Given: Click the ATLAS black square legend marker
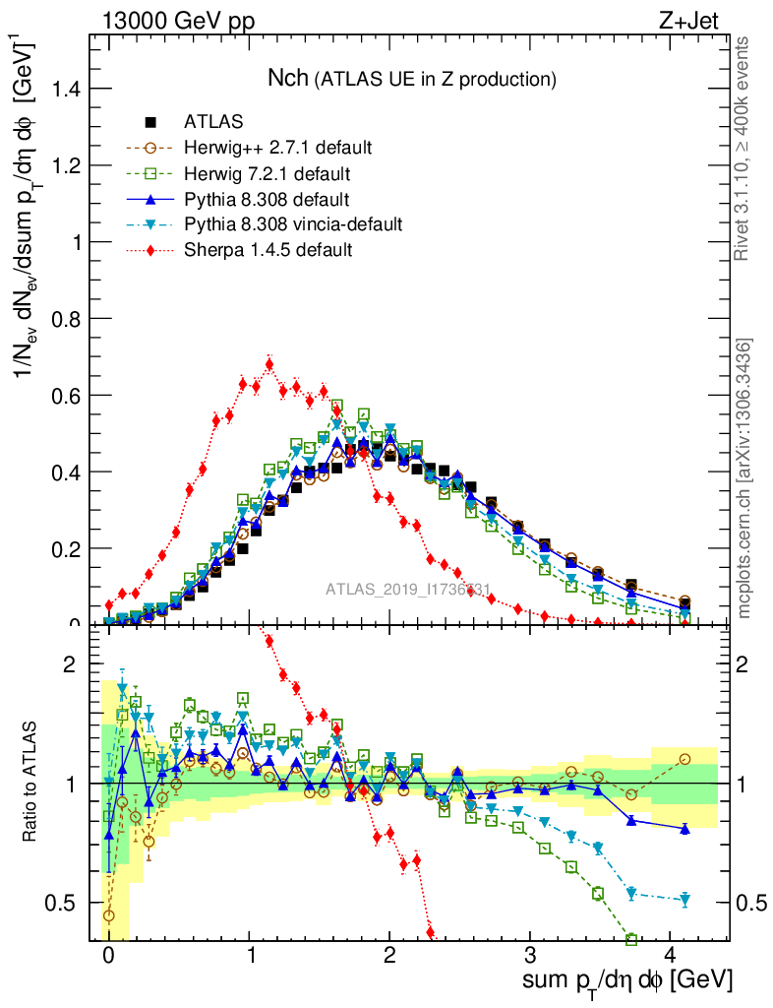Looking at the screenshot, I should pyautogui.click(x=150, y=122).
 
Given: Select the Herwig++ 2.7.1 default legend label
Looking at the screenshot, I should pyautogui.click(x=277, y=148).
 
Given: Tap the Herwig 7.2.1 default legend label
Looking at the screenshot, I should pyautogui.click(x=267, y=173).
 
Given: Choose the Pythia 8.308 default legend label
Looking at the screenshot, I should pyautogui.click(x=266, y=199).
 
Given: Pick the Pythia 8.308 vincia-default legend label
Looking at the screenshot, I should pyautogui.click(x=293, y=224).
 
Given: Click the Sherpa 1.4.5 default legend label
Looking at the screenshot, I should pyautogui.click(x=268, y=250).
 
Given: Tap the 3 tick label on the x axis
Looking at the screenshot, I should pyautogui.click(x=530, y=956).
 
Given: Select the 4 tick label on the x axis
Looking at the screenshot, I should pyautogui.click(x=671, y=956).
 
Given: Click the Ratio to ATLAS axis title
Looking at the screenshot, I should pyautogui.click(x=30, y=783).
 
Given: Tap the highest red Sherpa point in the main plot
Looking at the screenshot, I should pyautogui.click(x=269, y=365).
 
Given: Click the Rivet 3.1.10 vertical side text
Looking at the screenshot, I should pyautogui.click(x=743, y=148).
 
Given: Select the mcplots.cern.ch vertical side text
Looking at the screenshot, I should pyautogui.click(x=743, y=477).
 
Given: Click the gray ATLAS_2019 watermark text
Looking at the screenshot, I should pyautogui.click(x=408, y=590).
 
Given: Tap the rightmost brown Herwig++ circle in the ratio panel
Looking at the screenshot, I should pyautogui.click(x=684, y=759).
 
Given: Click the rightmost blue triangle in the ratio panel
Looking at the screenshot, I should pyautogui.click(x=684, y=829).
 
